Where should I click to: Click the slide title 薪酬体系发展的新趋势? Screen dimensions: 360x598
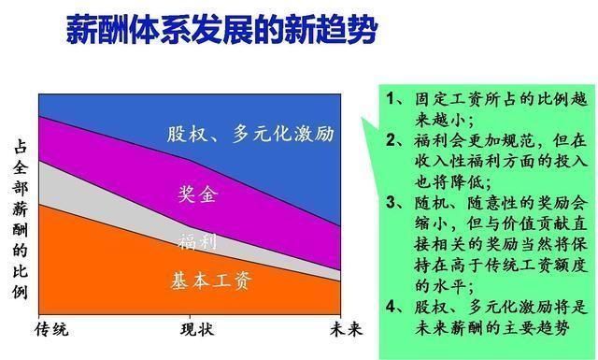(x=221, y=30)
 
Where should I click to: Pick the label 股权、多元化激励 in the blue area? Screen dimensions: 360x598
(x=249, y=133)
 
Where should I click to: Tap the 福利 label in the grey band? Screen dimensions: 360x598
(x=197, y=242)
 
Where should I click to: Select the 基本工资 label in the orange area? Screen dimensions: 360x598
(x=213, y=280)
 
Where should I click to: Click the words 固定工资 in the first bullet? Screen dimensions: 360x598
(x=446, y=98)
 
